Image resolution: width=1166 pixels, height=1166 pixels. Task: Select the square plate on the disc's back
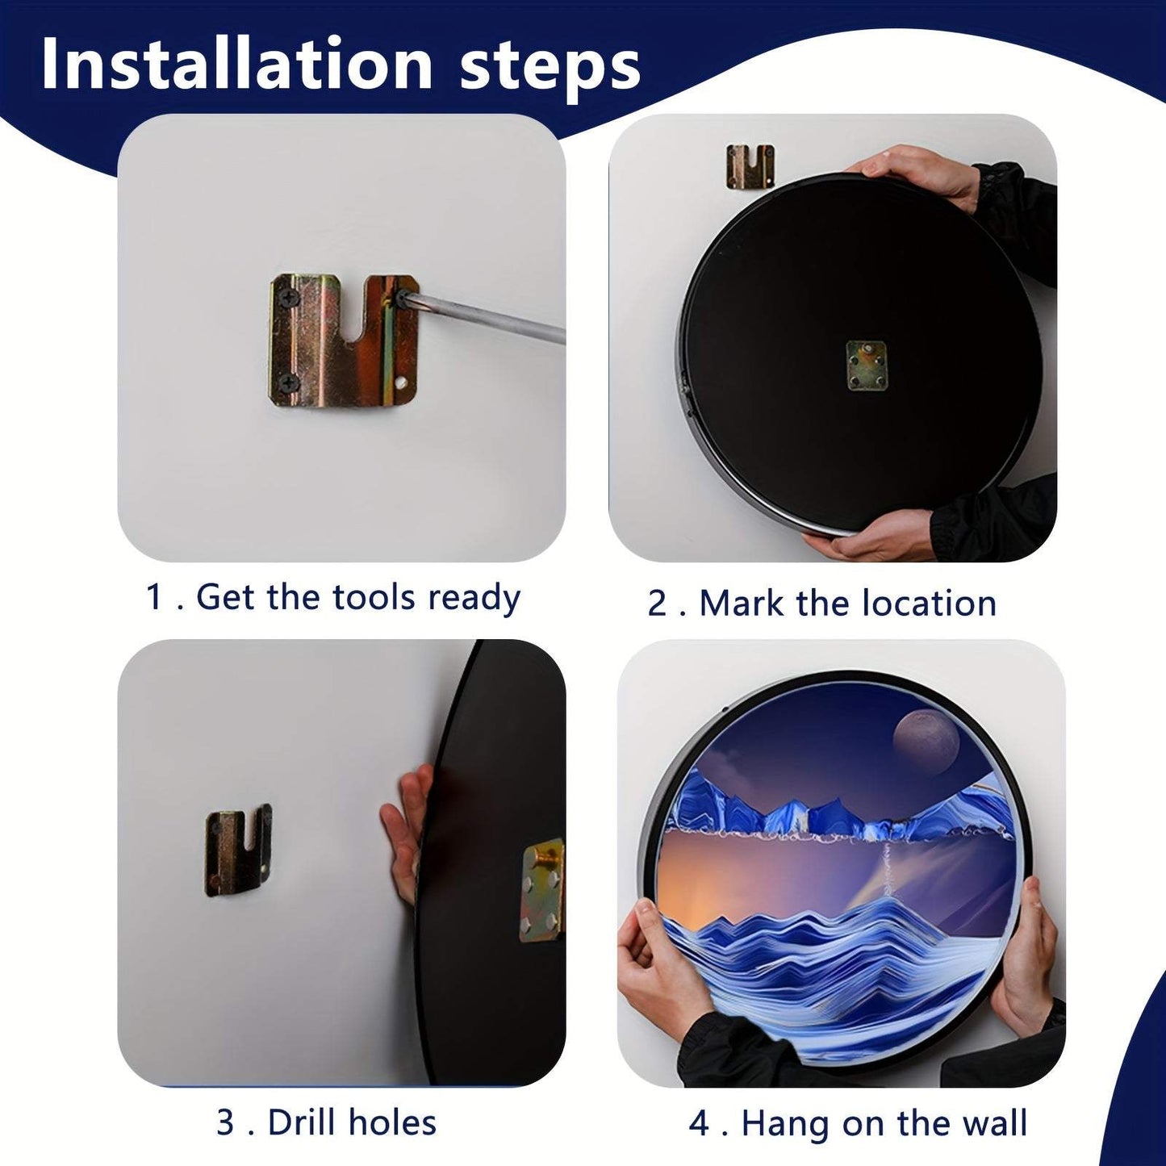866,365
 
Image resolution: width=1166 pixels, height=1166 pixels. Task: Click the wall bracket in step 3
237,850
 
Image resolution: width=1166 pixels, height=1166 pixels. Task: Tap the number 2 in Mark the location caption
658,604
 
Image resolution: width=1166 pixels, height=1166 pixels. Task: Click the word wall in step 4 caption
997,1123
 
